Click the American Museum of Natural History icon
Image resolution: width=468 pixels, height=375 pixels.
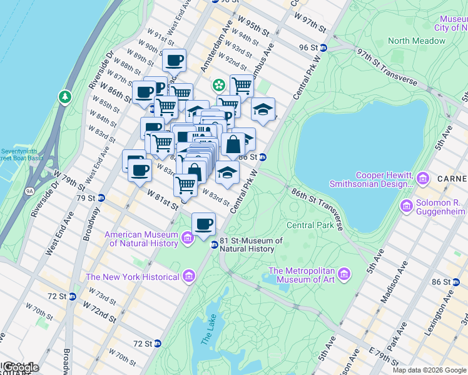click(187, 238)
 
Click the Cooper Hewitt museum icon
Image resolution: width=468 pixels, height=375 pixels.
click(423, 179)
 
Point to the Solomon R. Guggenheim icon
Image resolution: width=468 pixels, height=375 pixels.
click(407, 205)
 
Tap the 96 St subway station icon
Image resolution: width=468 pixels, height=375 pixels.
click(323, 48)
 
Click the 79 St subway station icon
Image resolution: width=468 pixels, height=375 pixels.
click(101, 198)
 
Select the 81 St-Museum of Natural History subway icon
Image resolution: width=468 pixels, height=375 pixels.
click(214, 244)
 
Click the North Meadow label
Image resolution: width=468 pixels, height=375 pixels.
click(416, 41)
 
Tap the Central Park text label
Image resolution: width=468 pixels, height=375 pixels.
click(309, 225)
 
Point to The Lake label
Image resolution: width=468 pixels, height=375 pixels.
click(207, 338)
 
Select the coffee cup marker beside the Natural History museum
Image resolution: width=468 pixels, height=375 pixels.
click(203, 224)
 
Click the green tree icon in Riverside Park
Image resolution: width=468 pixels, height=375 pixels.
click(64, 97)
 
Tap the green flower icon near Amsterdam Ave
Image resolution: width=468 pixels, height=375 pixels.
click(219, 84)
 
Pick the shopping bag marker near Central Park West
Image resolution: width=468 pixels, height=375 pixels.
click(233, 144)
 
